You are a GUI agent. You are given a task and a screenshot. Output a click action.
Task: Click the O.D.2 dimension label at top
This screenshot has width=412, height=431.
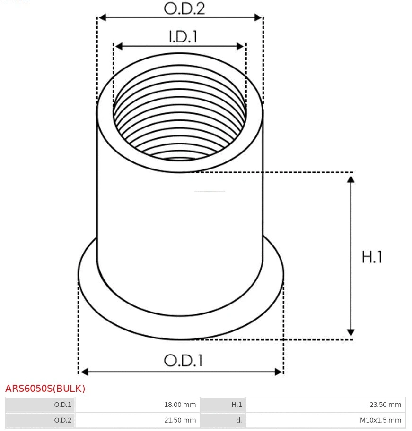click(x=184, y=8)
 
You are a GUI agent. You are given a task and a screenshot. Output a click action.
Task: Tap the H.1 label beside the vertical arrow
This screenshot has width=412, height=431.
click(x=372, y=257)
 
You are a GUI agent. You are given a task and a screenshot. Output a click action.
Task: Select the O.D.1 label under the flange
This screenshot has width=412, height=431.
click(x=183, y=361)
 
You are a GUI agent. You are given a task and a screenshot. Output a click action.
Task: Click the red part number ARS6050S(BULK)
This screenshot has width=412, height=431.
click(x=45, y=389)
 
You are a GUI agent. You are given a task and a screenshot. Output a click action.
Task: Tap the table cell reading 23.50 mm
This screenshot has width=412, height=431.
click(x=385, y=405)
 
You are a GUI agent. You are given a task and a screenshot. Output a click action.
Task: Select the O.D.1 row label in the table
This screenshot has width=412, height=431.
click(x=62, y=405)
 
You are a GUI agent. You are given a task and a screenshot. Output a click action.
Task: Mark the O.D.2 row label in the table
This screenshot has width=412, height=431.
click(x=62, y=420)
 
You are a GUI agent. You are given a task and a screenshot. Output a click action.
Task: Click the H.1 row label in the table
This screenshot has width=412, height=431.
click(x=237, y=405)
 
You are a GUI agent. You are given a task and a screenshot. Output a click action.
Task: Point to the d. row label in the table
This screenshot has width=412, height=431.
click(x=239, y=420)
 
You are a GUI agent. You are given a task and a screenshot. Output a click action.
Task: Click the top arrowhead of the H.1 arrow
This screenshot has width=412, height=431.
click(x=351, y=179)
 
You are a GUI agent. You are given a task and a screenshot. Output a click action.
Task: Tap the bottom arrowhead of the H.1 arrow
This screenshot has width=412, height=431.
click(x=351, y=332)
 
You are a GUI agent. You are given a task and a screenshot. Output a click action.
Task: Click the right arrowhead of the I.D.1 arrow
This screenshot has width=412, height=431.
click(x=241, y=46)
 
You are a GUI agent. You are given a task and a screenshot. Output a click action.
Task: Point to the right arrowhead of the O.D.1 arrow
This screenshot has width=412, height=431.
click(x=278, y=372)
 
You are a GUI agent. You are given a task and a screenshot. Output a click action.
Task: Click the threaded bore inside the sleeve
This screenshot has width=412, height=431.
click(x=180, y=123)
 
